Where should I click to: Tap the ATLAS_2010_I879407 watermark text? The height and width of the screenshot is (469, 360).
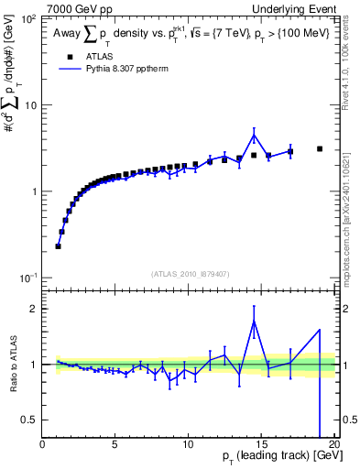190,272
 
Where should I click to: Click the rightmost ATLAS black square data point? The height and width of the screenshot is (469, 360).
320,148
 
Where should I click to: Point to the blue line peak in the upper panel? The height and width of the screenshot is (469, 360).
254,136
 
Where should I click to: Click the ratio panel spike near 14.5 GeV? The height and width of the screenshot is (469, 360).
254,320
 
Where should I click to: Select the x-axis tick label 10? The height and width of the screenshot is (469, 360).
189,443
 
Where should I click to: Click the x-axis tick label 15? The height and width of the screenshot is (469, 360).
262,443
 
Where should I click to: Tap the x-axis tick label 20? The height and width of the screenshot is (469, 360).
333,443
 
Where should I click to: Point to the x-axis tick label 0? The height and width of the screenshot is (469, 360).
43,443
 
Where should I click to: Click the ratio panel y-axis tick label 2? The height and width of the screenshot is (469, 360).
35,309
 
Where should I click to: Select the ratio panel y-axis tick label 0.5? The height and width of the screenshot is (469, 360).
30,420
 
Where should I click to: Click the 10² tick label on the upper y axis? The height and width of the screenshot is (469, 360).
27,19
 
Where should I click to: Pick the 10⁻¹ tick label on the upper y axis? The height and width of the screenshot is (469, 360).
27,278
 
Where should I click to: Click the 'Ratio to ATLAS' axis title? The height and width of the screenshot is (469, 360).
11,365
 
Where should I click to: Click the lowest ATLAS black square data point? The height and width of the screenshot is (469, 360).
58,245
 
